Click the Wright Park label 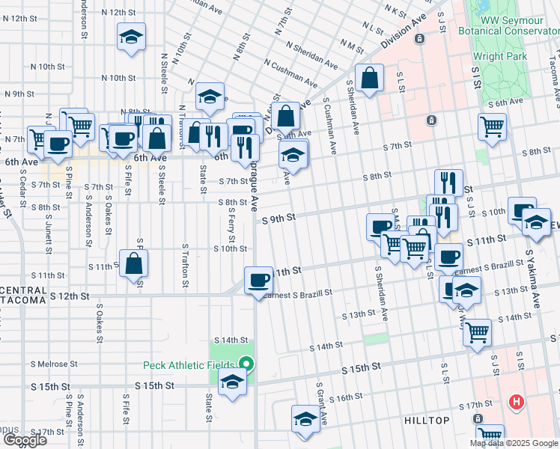[x=499, y=56]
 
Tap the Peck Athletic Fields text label [x=190, y=366]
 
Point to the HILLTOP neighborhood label [x=426, y=421]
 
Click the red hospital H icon [x=515, y=403]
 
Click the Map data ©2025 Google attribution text [x=514, y=443]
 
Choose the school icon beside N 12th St [x=131, y=37]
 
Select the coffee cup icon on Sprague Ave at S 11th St [x=258, y=280]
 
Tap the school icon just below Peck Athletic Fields [x=232, y=382]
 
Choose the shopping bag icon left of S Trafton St [x=133, y=264]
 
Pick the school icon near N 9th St [x=210, y=96]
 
